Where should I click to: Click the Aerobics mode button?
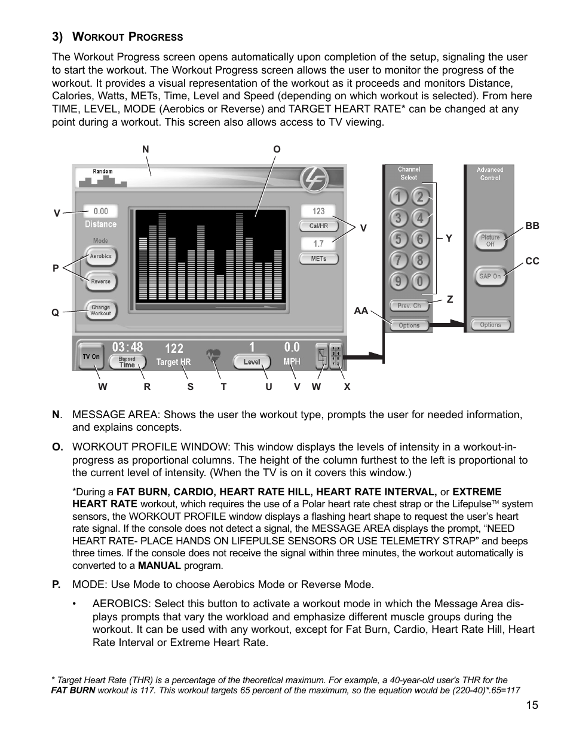point(100,256)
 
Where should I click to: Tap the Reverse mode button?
point(100,281)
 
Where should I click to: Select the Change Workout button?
point(100,310)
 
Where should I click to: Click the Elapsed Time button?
point(127,362)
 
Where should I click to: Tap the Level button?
point(252,361)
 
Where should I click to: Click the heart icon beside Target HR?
point(213,355)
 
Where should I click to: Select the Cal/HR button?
point(318,226)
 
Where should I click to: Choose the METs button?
point(318,259)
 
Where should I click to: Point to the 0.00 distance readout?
point(100,211)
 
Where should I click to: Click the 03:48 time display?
point(127,347)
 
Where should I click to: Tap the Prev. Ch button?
point(409,305)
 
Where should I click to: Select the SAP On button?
point(490,276)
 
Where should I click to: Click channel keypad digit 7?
point(398,260)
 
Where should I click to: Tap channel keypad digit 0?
point(420,281)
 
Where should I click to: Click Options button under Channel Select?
point(409,325)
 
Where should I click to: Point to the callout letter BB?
point(532,226)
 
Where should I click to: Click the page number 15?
point(532,705)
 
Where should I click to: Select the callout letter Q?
point(55,312)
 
